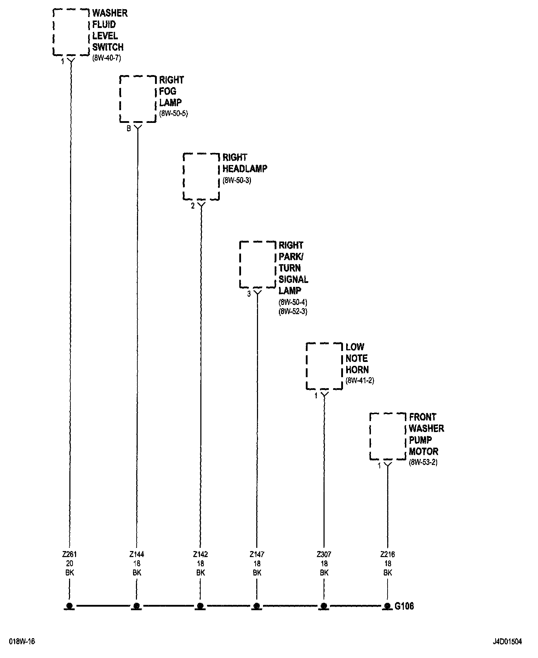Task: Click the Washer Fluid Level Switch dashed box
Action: click(x=71, y=32)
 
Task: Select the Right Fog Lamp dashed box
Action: click(x=138, y=99)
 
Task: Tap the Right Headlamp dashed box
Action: click(x=201, y=176)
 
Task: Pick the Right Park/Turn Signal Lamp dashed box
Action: click(x=257, y=265)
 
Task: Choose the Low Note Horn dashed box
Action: click(x=324, y=366)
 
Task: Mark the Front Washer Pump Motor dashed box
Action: click(x=388, y=436)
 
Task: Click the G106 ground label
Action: click(x=404, y=606)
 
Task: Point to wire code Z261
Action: click(x=70, y=554)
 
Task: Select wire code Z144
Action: click(x=137, y=554)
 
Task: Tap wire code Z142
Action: click(x=200, y=554)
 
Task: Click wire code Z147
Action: click(x=257, y=554)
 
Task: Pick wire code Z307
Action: click(x=324, y=554)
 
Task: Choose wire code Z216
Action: click(x=388, y=554)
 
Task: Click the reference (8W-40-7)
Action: click(x=107, y=58)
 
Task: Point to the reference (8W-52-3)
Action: click(x=293, y=312)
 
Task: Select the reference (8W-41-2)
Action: click(x=360, y=381)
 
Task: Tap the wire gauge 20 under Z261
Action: click(x=70, y=563)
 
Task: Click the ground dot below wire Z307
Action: click(x=324, y=606)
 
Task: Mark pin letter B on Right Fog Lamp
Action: click(x=129, y=129)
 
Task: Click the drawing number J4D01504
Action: click(x=507, y=642)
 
